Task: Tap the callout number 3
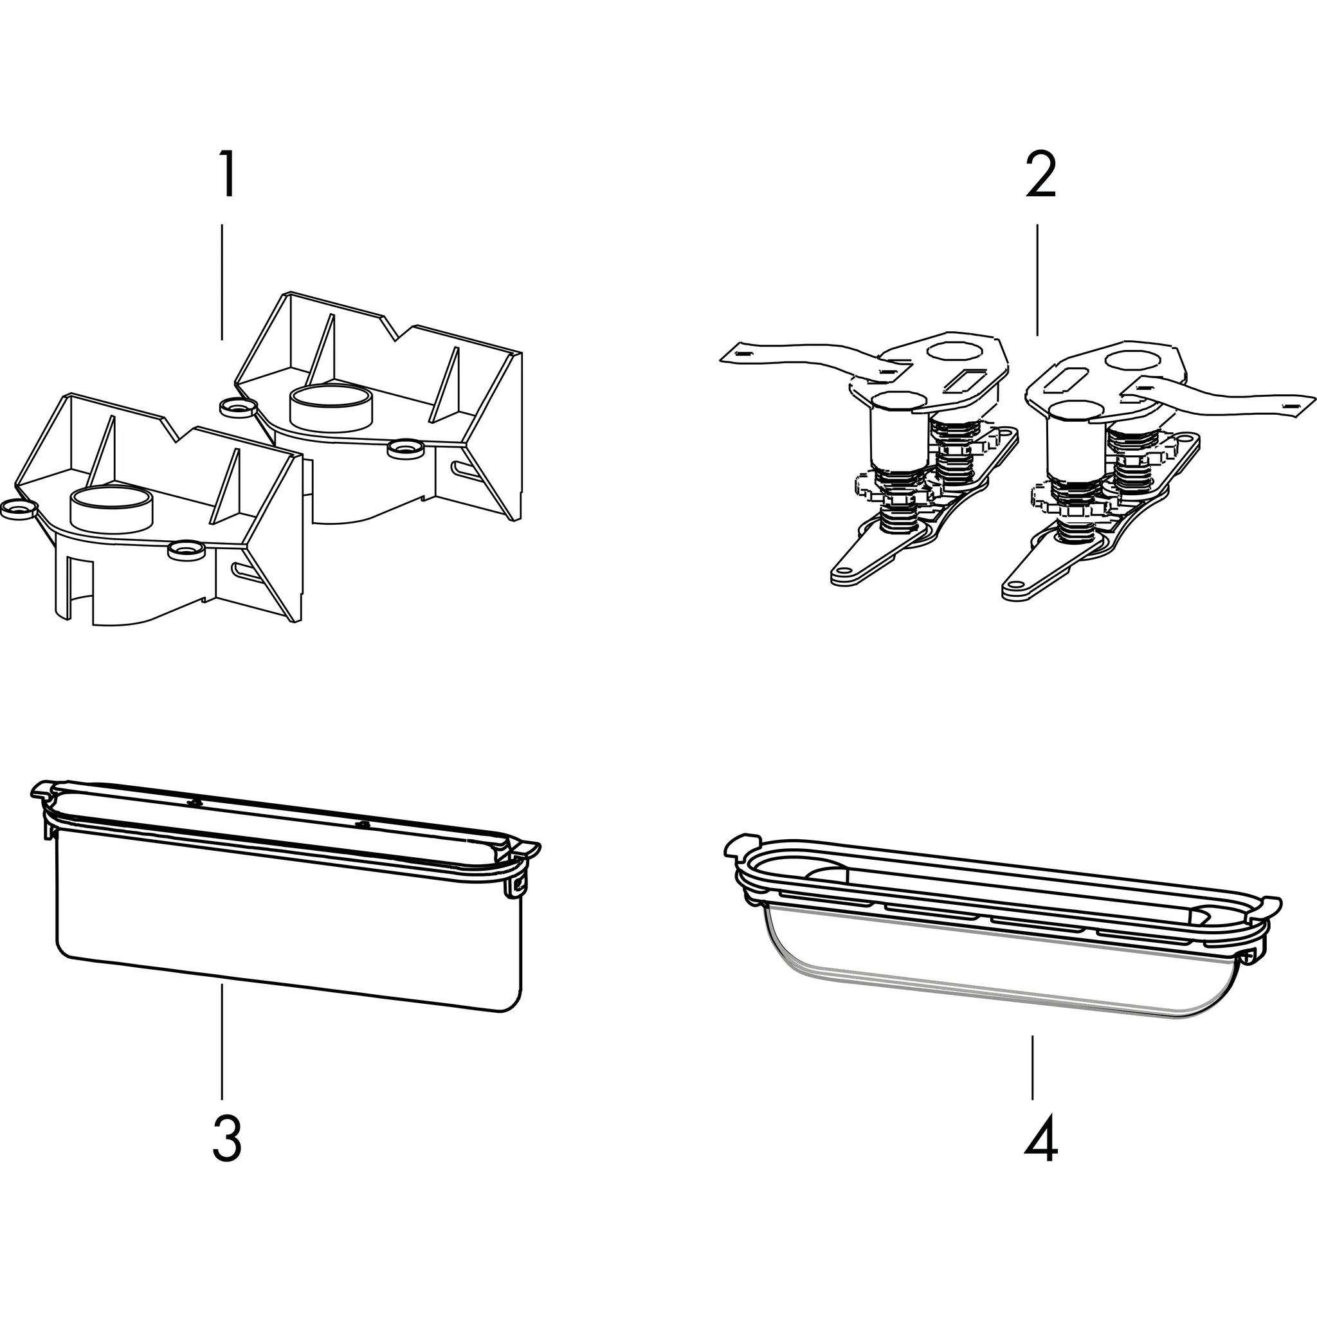[227, 1140]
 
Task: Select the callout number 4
[1040, 1140]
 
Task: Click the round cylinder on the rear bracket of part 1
[331, 407]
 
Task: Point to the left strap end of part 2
[740, 354]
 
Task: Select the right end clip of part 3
[520, 884]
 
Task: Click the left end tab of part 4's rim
[740, 844]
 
